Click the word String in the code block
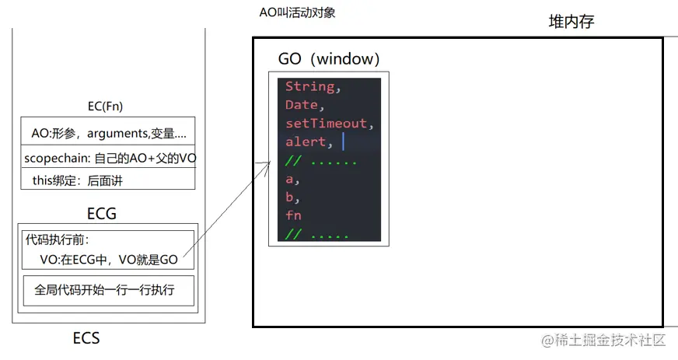pyautogui.click(x=309, y=86)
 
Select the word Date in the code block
pyautogui.click(x=301, y=104)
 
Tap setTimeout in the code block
pyautogui.click(x=324, y=123)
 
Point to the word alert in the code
pyautogui.click(x=305, y=142)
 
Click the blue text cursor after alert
pyautogui.click(x=342, y=142)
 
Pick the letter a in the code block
pyautogui.click(x=289, y=179)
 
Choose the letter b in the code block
pyautogui.click(x=289, y=197)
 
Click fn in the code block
pyautogui.click(x=293, y=215)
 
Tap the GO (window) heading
pyautogui.click(x=328, y=59)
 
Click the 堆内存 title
pyautogui.click(x=571, y=23)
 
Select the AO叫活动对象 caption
pyautogui.click(x=297, y=13)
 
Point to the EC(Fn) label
pyautogui.click(x=106, y=107)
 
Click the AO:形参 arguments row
pyautogui.click(x=108, y=133)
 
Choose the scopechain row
pyautogui.click(x=108, y=157)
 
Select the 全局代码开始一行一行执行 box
pyautogui.click(x=104, y=291)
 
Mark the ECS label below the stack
pyautogui.click(x=86, y=339)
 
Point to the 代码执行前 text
pyautogui.click(x=57, y=240)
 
